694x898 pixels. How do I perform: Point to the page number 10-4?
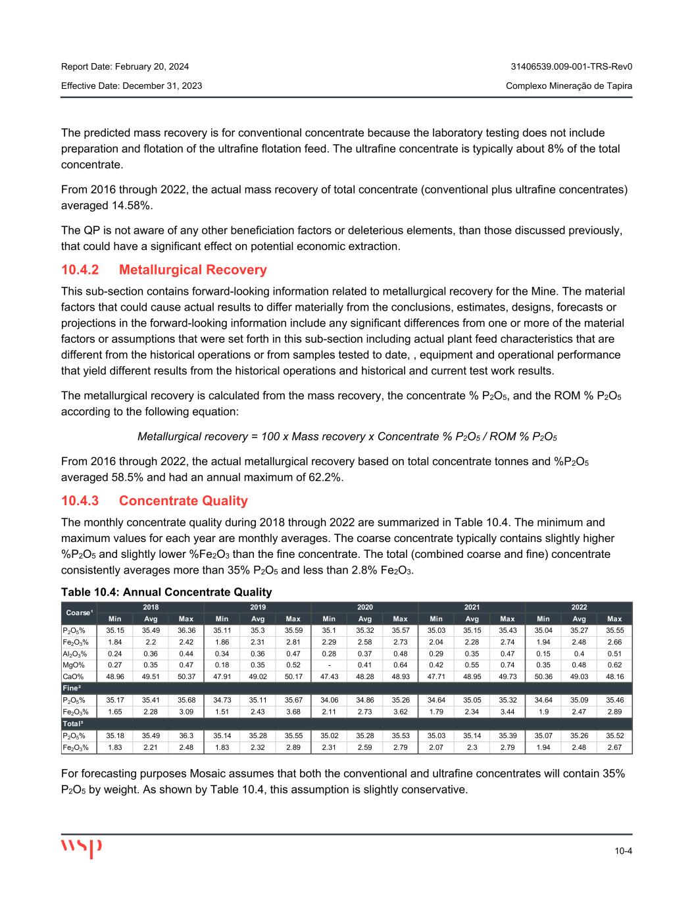pos(624,851)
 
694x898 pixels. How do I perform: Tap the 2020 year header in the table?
pos(364,607)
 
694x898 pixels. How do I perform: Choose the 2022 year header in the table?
pos(579,607)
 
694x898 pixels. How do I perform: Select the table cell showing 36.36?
pos(186,630)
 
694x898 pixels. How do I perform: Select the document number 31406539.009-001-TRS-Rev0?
pos(571,66)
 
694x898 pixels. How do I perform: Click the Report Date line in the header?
pos(125,66)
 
